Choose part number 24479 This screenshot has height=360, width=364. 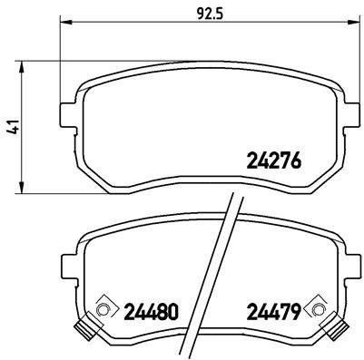click(x=273, y=312)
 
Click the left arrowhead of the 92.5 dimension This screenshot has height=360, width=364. click(x=65, y=24)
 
